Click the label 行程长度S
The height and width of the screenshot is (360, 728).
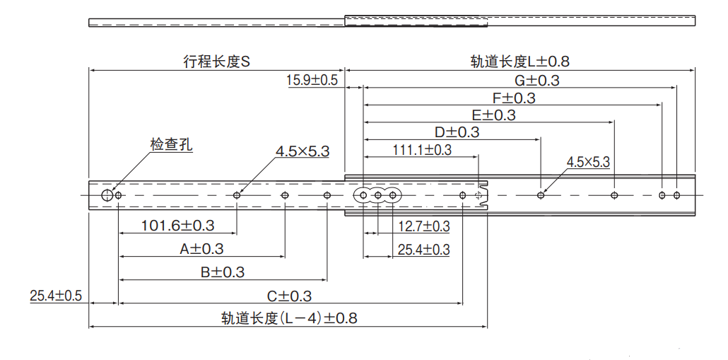pos(217,62)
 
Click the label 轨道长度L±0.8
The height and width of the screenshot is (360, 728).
pos(519,62)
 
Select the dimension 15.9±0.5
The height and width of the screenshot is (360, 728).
pos(312,80)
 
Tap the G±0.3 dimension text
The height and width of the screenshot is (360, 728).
pos(536,80)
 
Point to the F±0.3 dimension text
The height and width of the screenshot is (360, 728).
pos(513,98)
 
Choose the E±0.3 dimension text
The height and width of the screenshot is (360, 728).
pos(493,115)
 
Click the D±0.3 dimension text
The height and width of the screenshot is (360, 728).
pos(457,132)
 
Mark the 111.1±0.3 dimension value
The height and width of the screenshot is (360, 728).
pos(422,149)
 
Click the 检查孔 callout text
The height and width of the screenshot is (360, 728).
pos(171,145)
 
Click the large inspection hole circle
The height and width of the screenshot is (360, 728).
pos(107,194)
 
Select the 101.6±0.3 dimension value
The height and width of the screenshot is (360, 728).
pos(178,226)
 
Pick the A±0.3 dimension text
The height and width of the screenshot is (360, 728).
pos(201,249)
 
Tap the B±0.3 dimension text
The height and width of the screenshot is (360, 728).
pos(222,272)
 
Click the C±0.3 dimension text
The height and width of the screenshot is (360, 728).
pos(289,296)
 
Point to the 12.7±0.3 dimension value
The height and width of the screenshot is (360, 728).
pos(423,226)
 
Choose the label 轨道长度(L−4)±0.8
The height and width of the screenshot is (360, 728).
pos(289,318)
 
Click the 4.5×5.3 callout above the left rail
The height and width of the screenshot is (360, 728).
pos(303,151)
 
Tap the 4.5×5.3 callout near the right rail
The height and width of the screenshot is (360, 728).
pos(587,162)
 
